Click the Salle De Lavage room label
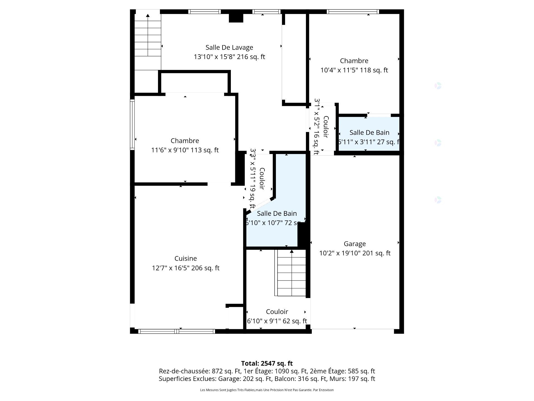(x=229, y=47)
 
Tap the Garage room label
(x=355, y=244)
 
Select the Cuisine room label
(x=186, y=258)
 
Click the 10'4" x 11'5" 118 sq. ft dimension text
(x=354, y=70)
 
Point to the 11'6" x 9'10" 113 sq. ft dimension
(x=185, y=150)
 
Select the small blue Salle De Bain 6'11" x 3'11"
(x=369, y=134)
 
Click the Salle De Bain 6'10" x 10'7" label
(x=277, y=214)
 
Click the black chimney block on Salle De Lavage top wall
(x=236, y=18)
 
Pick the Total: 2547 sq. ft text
(x=267, y=363)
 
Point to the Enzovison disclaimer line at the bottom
(x=267, y=390)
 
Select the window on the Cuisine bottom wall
(x=177, y=331)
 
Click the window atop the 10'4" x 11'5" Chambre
(x=353, y=12)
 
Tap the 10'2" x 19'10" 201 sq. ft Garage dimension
(x=355, y=253)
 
